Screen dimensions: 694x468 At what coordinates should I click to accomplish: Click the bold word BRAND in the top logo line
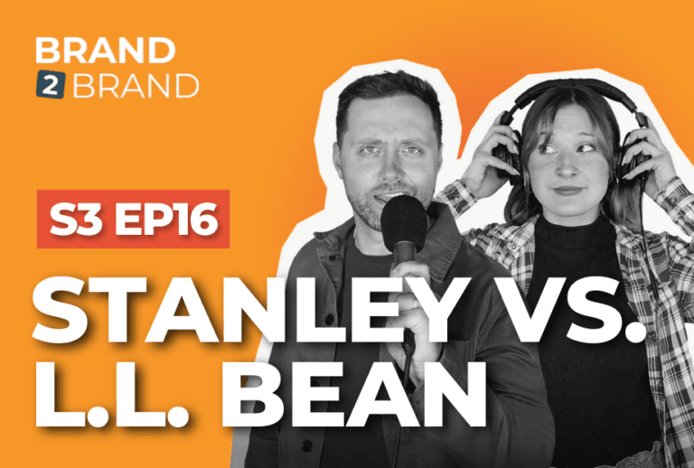click(x=106, y=50)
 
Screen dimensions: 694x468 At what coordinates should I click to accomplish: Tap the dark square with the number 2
click(x=51, y=84)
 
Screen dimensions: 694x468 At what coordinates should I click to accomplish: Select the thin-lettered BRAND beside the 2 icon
click(x=136, y=85)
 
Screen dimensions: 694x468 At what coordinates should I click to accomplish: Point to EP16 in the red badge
click(x=166, y=219)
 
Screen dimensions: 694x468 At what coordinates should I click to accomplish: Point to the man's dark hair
click(x=388, y=99)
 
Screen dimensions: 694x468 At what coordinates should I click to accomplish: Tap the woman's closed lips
click(x=567, y=191)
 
